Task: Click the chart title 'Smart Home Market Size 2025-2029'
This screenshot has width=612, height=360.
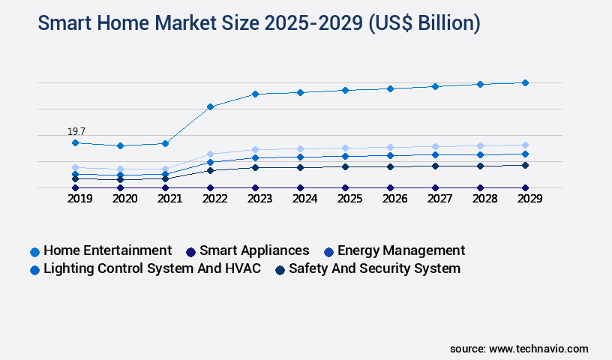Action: click(259, 23)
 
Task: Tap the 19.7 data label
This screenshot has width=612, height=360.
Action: click(76, 132)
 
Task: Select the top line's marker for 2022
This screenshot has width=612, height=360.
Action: click(211, 106)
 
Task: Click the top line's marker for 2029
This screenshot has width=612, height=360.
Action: click(525, 82)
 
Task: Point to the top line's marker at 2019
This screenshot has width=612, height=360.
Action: click(75, 142)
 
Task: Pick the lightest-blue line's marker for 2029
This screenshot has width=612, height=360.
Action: click(525, 145)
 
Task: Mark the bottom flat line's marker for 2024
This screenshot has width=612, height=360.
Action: click(300, 187)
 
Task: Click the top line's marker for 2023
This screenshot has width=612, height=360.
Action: click(255, 94)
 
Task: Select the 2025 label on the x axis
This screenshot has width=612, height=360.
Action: click(349, 199)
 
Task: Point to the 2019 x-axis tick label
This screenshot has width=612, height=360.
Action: click(79, 199)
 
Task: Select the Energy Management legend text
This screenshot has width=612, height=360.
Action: click(400, 250)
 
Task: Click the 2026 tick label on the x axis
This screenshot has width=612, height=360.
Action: click(394, 199)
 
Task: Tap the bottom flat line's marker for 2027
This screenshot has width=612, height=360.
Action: click(435, 187)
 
